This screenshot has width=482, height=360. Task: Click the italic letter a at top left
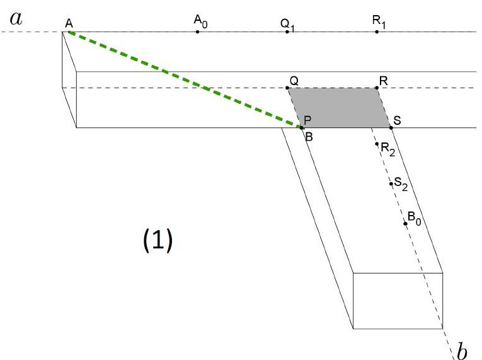coord(16,19)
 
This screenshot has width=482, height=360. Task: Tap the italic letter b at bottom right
coord(462,350)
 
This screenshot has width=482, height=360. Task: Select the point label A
coord(69,23)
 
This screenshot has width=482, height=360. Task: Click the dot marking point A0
coord(197,32)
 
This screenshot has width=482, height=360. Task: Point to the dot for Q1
coord(287,32)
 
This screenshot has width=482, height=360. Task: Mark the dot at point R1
coord(377,32)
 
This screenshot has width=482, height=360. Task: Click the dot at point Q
coord(287,88)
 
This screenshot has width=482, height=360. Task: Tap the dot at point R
coord(377,88)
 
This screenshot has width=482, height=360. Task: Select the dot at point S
coord(391,128)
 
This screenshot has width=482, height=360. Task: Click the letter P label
coord(307,120)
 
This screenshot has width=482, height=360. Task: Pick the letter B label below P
coord(309,137)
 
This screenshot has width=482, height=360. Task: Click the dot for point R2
coord(377,144)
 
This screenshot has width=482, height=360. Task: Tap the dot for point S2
coord(391,183)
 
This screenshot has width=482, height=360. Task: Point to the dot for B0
coord(406,223)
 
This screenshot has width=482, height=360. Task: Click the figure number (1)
coord(158,240)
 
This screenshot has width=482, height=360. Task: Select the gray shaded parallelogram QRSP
coord(340,108)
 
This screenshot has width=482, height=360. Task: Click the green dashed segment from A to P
coord(185,79)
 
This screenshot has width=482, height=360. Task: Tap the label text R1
coord(379,21)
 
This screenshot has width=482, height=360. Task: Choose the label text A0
coord(200,21)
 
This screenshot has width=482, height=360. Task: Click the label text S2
coord(401,184)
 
